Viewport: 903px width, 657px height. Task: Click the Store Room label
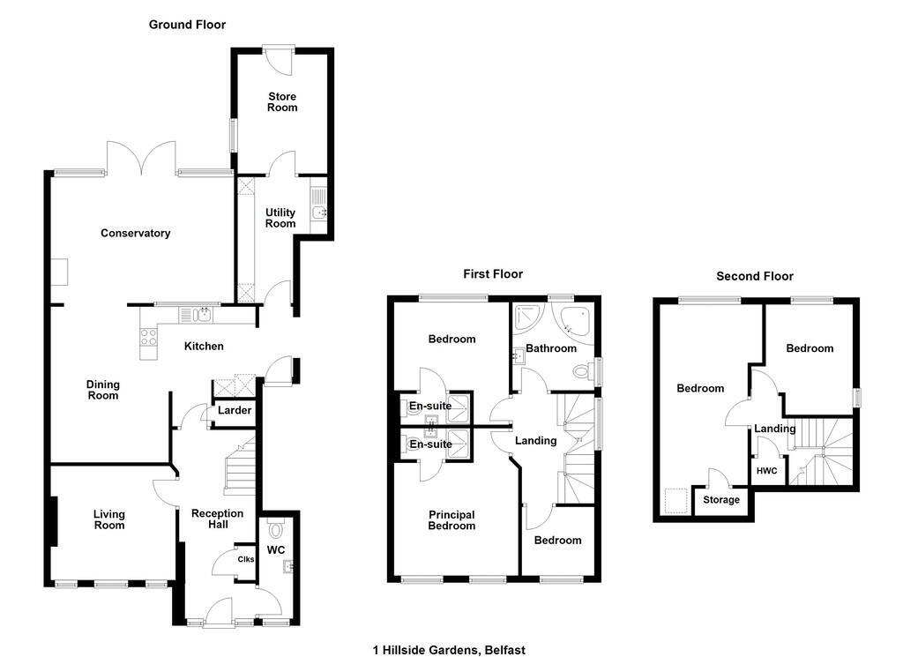282,102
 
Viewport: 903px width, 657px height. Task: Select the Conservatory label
135,233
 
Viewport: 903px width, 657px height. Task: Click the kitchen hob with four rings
148,336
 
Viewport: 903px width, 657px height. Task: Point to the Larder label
235,411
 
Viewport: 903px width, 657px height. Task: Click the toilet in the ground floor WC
276,528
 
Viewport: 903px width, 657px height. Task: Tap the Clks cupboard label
246,559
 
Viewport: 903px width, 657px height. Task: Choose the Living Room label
108,520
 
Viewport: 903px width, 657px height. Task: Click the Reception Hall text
218,519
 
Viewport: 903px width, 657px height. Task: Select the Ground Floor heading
187,25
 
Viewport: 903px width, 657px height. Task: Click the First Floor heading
493,274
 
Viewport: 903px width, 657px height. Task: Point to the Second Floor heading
755,276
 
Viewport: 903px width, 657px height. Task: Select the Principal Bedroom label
451,520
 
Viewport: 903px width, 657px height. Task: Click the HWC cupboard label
766,471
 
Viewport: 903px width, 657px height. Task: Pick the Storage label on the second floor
721,500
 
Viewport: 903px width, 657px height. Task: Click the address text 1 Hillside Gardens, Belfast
449,650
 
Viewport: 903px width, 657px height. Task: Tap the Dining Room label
103,390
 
